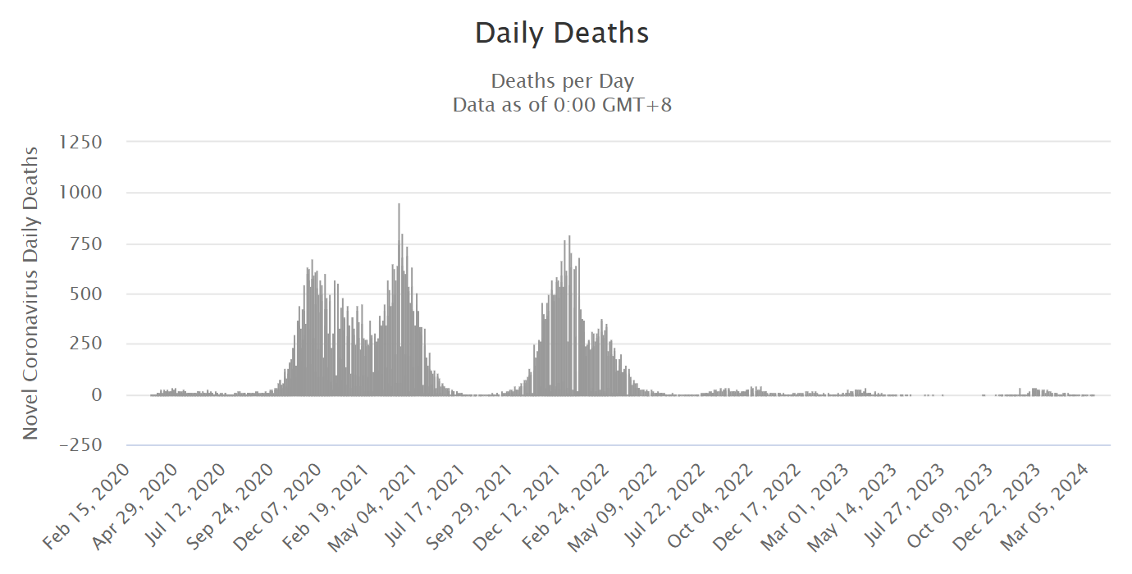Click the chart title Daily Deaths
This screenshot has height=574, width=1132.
click(x=562, y=34)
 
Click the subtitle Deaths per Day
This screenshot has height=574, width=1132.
click(x=562, y=81)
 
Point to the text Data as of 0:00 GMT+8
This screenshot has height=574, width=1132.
click(x=562, y=105)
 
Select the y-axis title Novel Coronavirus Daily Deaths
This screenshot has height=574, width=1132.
click(x=30, y=293)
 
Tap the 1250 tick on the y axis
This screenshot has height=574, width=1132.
click(x=80, y=142)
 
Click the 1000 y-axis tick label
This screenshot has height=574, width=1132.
click(x=80, y=193)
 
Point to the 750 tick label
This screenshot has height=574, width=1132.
click(x=86, y=244)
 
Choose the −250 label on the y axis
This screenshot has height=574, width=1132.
click(x=80, y=445)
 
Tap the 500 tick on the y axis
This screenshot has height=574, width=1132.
click(x=86, y=294)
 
